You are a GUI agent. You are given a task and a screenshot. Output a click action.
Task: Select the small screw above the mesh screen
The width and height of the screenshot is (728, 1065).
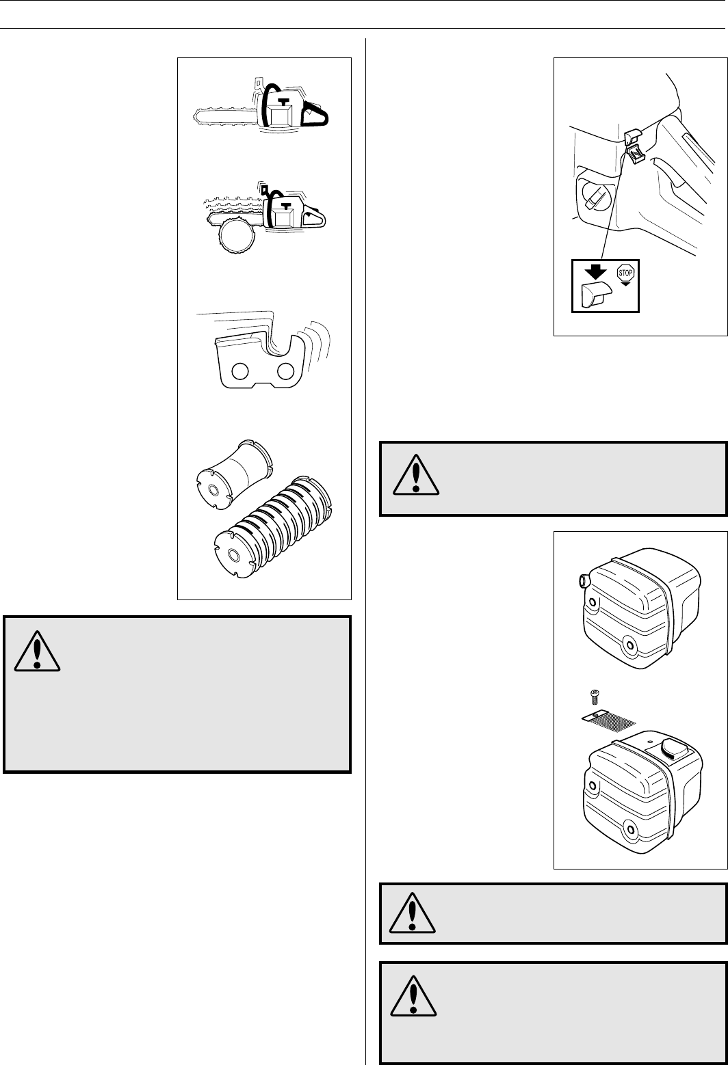593,697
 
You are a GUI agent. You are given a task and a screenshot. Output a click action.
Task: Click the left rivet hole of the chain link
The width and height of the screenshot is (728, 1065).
240,371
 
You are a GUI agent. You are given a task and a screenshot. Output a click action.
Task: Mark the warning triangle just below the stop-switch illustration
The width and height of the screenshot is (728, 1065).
414,476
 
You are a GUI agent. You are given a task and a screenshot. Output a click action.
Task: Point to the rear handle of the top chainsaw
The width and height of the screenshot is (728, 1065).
315,115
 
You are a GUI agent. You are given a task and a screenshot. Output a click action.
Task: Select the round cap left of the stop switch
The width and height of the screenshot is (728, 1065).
590,198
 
